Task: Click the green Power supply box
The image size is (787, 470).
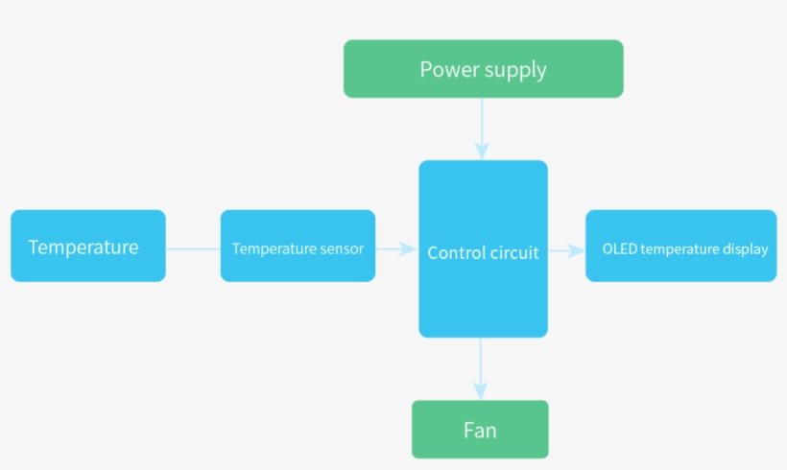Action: pyautogui.click(x=483, y=69)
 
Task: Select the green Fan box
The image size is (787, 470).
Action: pyautogui.click(x=480, y=430)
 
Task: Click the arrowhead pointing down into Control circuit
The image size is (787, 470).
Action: pyautogui.click(x=482, y=151)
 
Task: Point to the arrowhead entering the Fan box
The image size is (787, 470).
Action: pyautogui.click(x=481, y=390)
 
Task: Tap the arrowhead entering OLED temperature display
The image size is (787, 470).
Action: pyautogui.click(x=576, y=250)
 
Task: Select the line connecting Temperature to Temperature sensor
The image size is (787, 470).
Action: pyautogui.click(x=193, y=249)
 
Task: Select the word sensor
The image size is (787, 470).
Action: pyautogui.click(x=342, y=249)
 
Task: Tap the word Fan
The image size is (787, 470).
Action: pyautogui.click(x=480, y=431)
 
